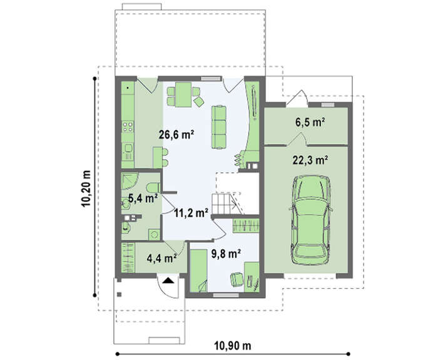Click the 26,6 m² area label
[x=176, y=135]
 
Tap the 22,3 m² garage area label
[x=310, y=160]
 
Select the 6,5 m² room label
[x=310, y=122]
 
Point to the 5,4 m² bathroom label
[x=143, y=198]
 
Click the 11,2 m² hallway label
[x=191, y=213]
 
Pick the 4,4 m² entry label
[x=161, y=258]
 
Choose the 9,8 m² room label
[x=227, y=254]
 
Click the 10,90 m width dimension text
[x=233, y=346]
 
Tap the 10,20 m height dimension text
[x=86, y=188]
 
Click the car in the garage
[x=310, y=220]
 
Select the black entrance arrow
[x=168, y=280]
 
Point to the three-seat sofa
[x=219, y=126]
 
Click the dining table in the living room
[x=183, y=95]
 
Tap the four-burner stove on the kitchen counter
[x=128, y=126]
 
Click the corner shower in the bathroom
[x=130, y=182]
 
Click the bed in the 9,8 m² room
[x=198, y=271]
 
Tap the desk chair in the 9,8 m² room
[x=237, y=279]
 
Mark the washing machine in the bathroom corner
[x=154, y=235]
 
